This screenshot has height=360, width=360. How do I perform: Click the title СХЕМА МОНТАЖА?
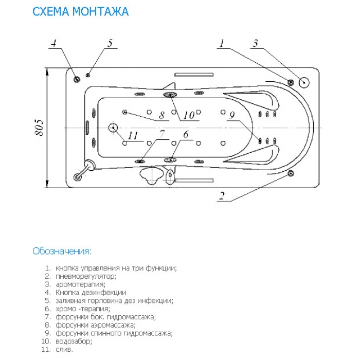[81, 11]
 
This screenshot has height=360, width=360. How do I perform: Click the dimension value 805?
[39, 128]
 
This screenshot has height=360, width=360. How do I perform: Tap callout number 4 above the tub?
[53, 43]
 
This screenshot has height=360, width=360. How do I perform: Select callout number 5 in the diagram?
[110, 43]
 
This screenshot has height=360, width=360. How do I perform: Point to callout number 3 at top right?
[256, 43]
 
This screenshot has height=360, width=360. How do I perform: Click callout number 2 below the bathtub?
[222, 196]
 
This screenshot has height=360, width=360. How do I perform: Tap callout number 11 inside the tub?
[133, 136]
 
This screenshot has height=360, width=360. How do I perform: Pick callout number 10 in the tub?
[189, 115]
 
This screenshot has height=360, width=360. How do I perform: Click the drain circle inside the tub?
[113, 128]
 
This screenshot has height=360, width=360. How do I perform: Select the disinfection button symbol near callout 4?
[77, 79]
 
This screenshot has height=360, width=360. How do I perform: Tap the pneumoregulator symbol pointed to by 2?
[291, 173]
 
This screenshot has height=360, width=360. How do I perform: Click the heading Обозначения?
[62, 251]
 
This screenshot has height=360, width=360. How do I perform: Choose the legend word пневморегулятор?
[86, 276]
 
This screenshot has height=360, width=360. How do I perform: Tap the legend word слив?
[64, 349]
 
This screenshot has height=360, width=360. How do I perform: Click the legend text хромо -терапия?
[83, 309]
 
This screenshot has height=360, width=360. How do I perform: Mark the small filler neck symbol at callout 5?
[88, 75]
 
